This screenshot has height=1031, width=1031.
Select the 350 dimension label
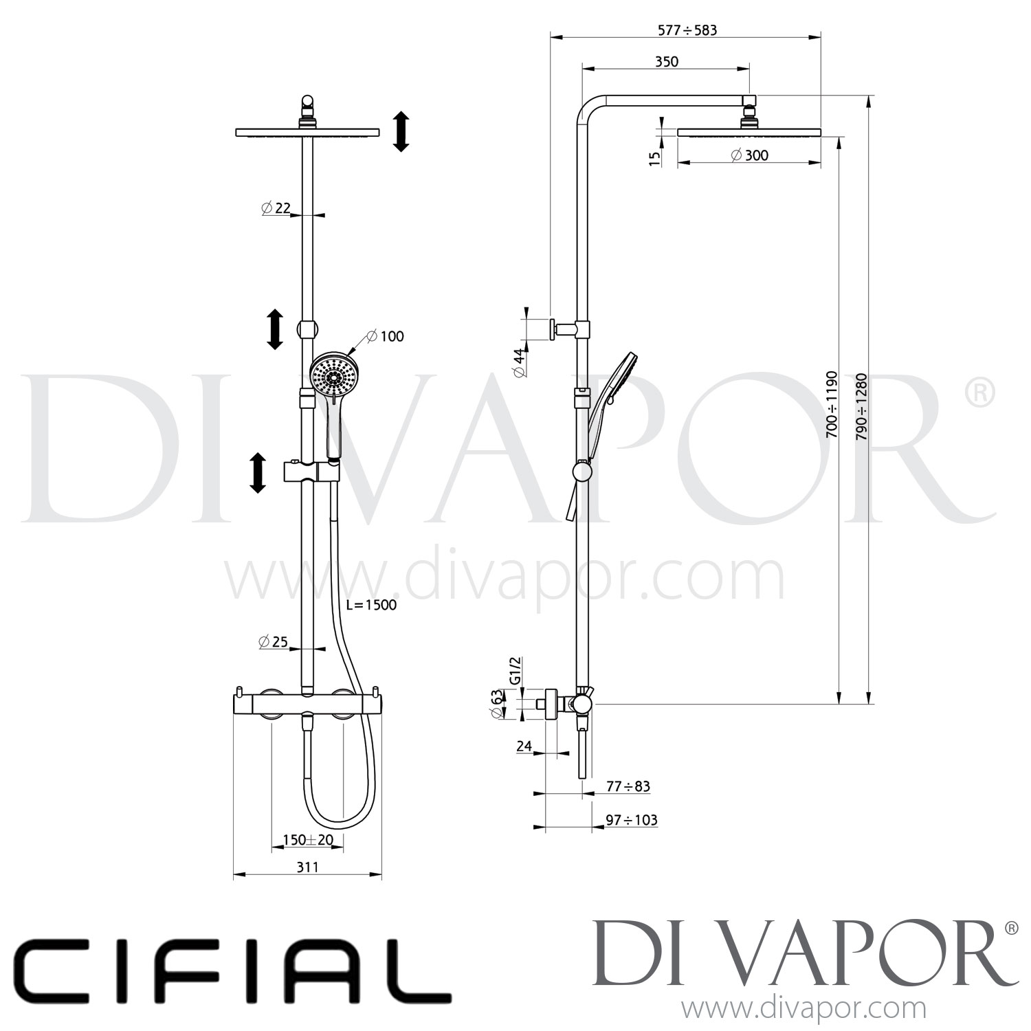click(666, 61)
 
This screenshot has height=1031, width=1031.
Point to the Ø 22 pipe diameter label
click(276, 208)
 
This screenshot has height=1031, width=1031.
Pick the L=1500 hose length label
click(373, 605)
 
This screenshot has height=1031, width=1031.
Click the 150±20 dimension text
click(308, 840)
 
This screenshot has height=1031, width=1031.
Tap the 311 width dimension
click(307, 867)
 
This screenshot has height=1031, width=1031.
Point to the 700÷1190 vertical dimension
click(832, 405)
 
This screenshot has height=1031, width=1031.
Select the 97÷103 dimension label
click(631, 819)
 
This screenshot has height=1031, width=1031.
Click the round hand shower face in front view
click(333, 375)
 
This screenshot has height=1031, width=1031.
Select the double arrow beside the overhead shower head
click(401, 132)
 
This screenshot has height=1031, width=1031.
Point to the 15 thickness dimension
click(655, 157)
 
